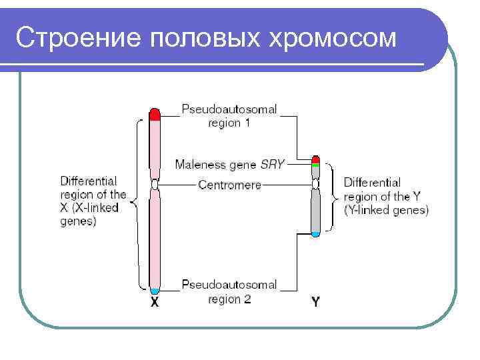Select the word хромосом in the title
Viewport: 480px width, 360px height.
click(x=332, y=39)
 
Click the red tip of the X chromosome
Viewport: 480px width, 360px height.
click(x=155, y=114)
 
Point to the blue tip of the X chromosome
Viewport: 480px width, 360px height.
click(x=155, y=291)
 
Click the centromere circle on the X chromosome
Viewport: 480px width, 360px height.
click(x=155, y=185)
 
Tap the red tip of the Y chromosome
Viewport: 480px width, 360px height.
click(x=316, y=159)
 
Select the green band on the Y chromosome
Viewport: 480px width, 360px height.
click(x=316, y=164)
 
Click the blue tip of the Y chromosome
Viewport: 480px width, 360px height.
click(x=316, y=233)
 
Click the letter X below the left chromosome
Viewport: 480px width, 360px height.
click(x=155, y=302)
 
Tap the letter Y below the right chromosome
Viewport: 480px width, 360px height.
click(x=316, y=302)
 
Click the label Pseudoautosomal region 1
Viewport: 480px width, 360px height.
click(x=229, y=115)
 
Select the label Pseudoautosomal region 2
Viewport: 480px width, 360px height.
click(x=229, y=292)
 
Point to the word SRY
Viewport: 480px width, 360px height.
click(x=272, y=164)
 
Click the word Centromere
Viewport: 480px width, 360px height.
click(x=229, y=185)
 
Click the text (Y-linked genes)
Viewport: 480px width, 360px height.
click(x=386, y=211)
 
